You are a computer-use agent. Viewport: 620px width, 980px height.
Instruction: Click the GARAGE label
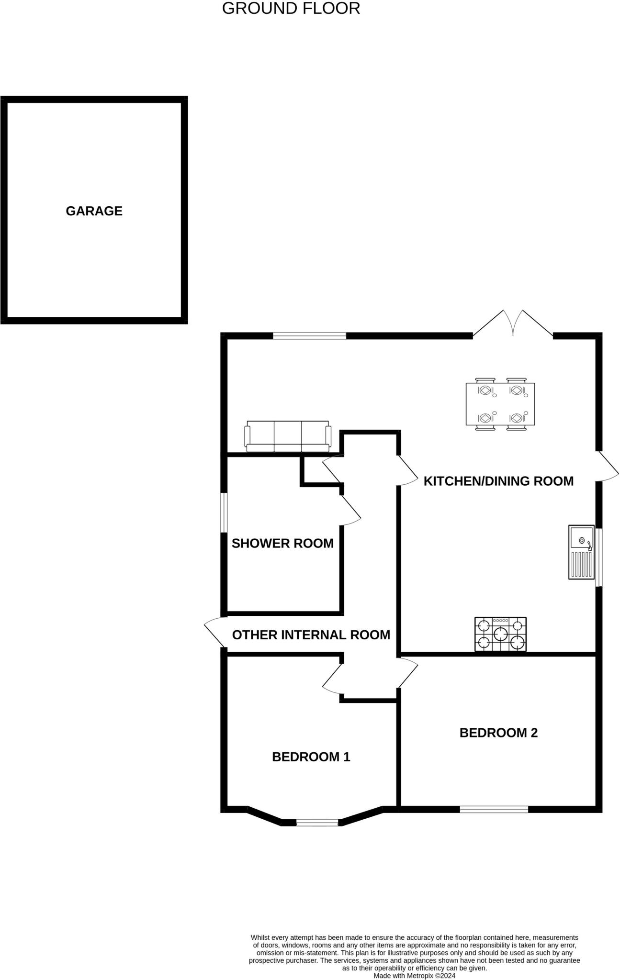[x=94, y=211]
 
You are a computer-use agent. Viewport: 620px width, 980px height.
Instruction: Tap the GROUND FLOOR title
[x=291, y=9]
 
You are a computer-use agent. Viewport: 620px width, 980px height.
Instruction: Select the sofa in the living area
[x=288, y=436]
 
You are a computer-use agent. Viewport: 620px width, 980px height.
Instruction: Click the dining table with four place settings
[x=500, y=404]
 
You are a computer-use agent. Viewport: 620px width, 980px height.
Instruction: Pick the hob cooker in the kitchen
[x=500, y=634]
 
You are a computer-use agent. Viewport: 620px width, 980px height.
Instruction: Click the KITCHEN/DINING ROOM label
[x=498, y=481]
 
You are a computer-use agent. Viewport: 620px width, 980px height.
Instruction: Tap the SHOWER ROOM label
[x=282, y=543]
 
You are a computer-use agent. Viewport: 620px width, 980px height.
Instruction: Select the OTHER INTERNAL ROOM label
[x=311, y=635]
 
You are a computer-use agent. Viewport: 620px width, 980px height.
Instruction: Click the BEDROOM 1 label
[x=311, y=757]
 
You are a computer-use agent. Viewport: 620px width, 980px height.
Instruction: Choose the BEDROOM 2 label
[x=498, y=733]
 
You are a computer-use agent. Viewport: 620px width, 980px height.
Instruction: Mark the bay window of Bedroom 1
[x=317, y=823]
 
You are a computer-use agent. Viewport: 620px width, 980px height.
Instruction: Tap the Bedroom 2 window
[x=494, y=809]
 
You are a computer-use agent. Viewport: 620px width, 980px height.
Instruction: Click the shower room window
[x=224, y=512]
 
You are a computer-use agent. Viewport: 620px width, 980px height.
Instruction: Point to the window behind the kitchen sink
[x=598, y=557]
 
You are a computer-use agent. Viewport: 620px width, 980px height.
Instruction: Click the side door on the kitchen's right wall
[x=607, y=467]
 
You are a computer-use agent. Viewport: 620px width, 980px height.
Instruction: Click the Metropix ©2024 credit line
[x=414, y=975]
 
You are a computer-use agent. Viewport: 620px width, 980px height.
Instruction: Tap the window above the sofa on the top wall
[x=309, y=336]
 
